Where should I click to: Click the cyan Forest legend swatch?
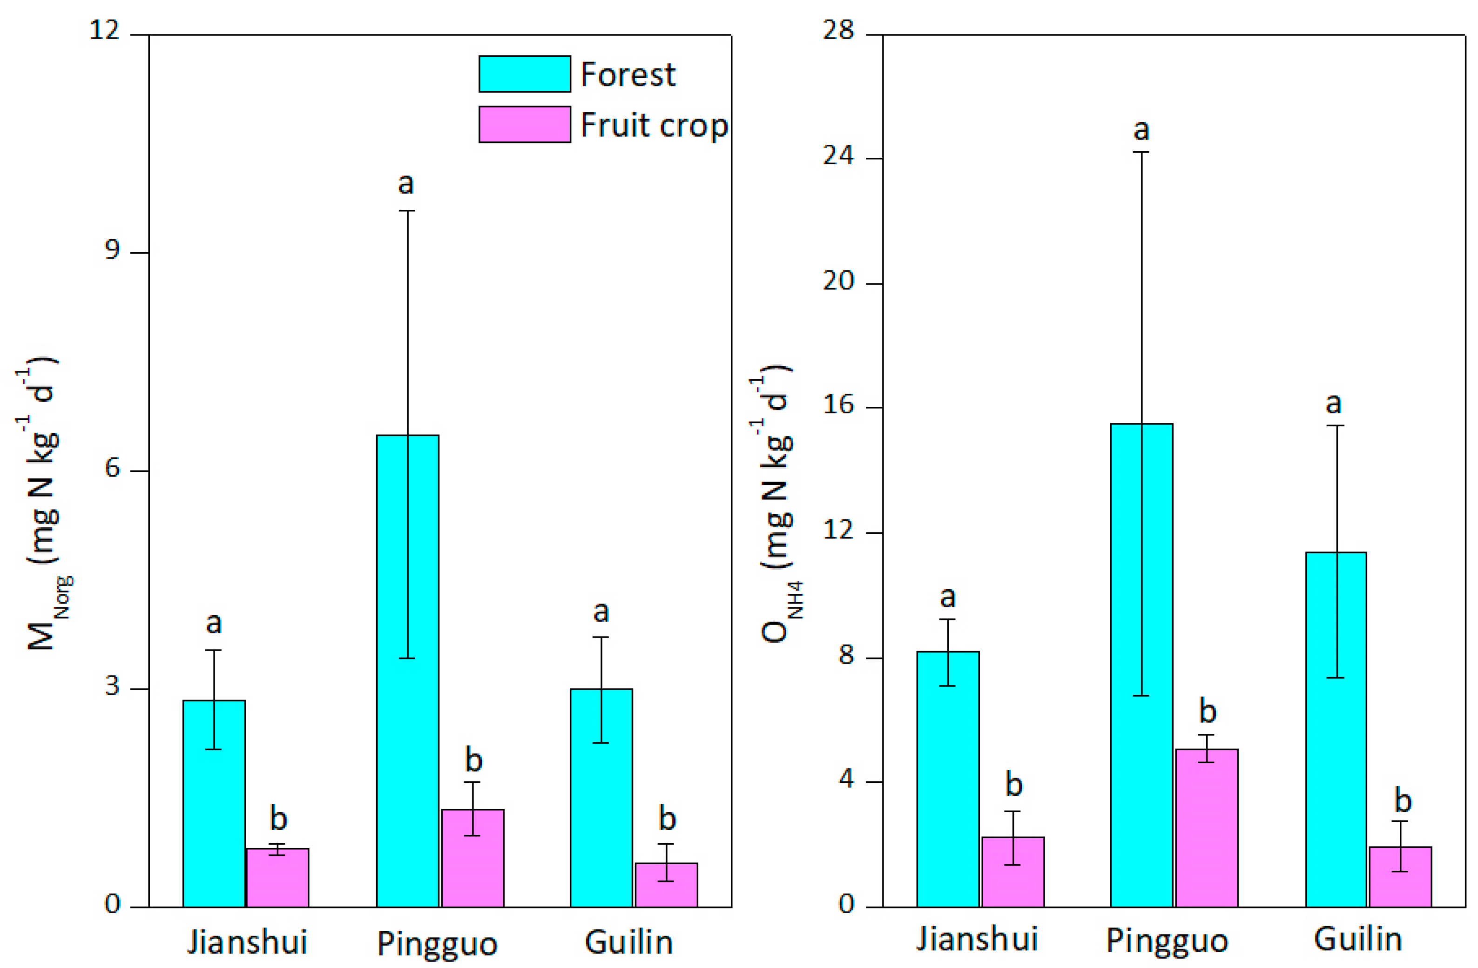tap(524, 74)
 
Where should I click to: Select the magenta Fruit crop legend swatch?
tap(524, 124)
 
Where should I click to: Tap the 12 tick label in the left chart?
tap(104, 30)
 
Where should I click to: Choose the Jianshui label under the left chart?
tap(247, 942)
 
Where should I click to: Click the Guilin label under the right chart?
tap(1358, 940)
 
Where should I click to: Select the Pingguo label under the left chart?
tap(437, 944)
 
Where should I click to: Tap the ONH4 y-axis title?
tap(776, 503)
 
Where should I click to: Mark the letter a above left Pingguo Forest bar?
tap(405, 184)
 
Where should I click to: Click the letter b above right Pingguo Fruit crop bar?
tap(1207, 711)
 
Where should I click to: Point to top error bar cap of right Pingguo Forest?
tap(1141, 152)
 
